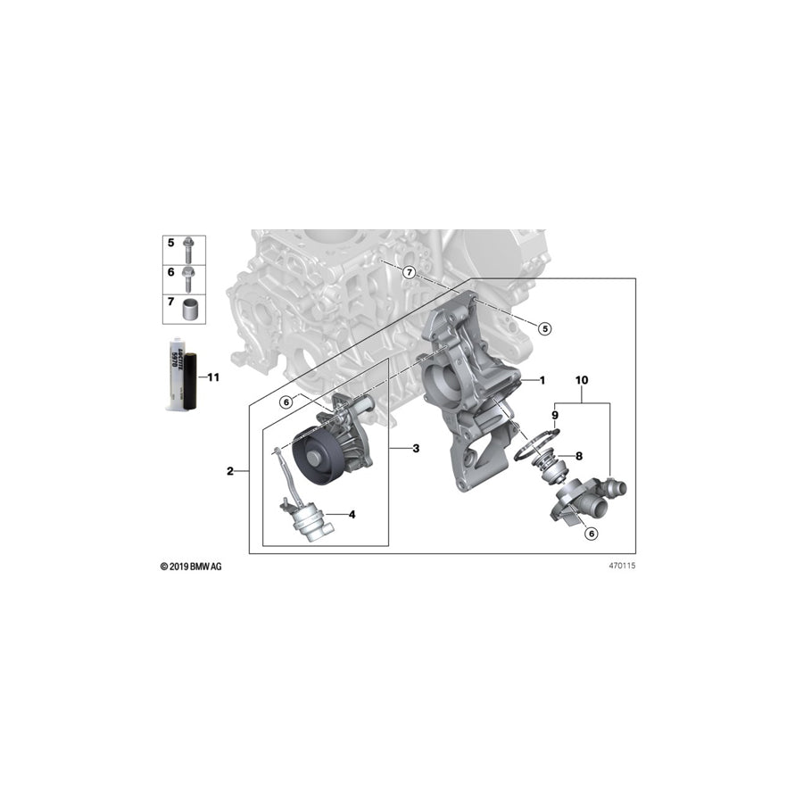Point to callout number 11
pos(212,377)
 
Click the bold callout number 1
pos(541,380)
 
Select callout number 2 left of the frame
pos(230,471)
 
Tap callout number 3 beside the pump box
pos(415,448)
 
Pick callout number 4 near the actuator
pos(352,514)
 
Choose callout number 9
pos(554,415)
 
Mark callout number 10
pos(583,380)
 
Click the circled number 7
pos(408,271)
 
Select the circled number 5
pos(545,328)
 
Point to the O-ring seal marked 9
pos(535,445)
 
